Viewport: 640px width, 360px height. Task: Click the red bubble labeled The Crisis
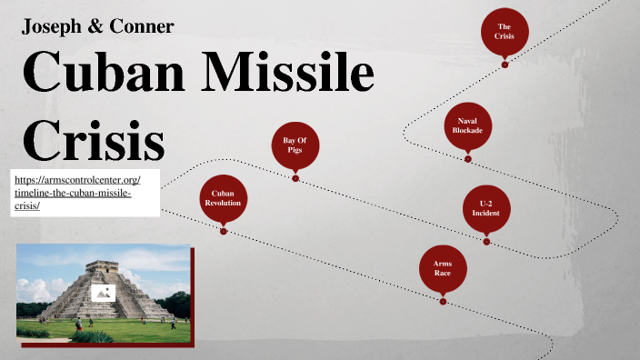pyautogui.click(x=505, y=31)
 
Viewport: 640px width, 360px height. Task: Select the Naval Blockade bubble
pyautogui.click(x=468, y=125)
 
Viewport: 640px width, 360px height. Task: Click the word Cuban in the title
pyautogui.click(x=101, y=74)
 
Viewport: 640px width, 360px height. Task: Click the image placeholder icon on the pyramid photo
pyautogui.click(x=103, y=293)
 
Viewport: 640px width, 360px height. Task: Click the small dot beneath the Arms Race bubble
pyautogui.click(x=443, y=302)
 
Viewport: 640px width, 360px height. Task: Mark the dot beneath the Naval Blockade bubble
pyautogui.click(x=468, y=159)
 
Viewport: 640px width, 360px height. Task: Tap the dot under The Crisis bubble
pyautogui.click(x=505, y=65)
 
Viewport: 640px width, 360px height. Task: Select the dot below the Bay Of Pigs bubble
pyautogui.click(x=295, y=178)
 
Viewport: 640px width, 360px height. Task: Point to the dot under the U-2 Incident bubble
pyautogui.click(x=486, y=242)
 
